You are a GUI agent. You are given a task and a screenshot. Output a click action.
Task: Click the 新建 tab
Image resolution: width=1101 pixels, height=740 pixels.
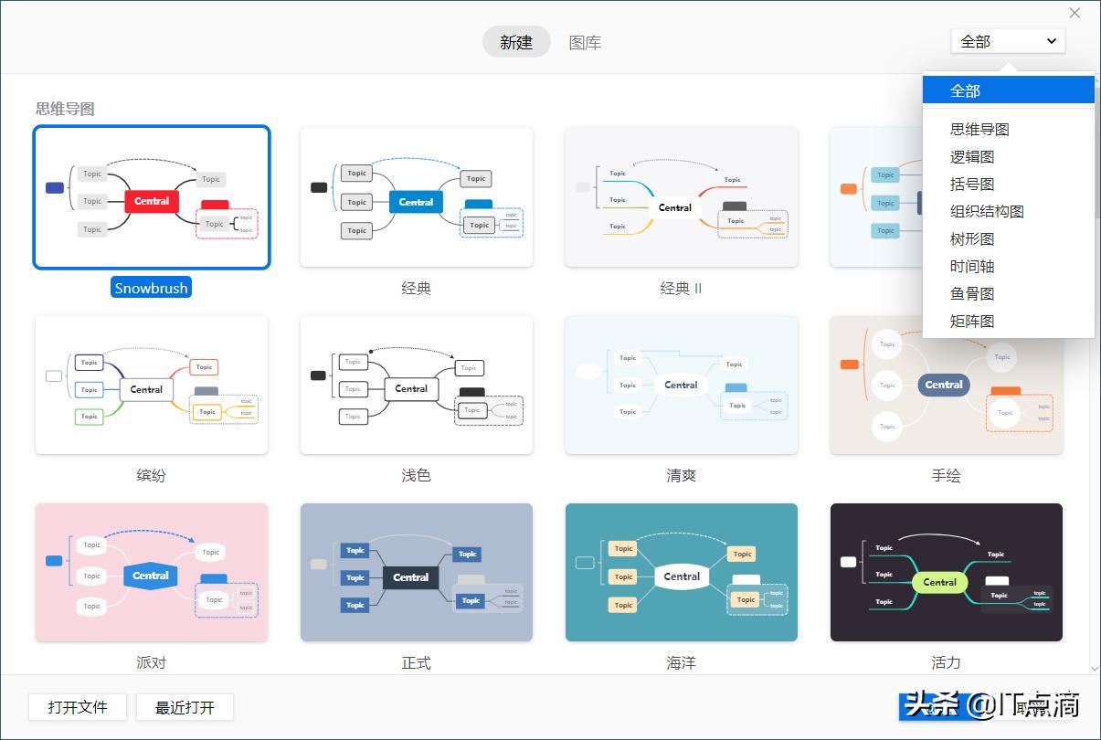516,42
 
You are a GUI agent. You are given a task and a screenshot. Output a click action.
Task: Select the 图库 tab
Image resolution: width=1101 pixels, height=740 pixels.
585,42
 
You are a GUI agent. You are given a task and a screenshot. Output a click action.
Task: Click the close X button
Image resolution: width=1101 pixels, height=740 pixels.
1075,13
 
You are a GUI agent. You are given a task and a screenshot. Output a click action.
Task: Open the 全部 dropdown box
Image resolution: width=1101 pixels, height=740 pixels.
1008,41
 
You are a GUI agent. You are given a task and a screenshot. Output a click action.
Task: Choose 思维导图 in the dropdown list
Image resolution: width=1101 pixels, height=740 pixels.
979,130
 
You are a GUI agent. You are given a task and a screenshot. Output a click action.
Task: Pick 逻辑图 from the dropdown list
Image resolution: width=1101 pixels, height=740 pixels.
972,157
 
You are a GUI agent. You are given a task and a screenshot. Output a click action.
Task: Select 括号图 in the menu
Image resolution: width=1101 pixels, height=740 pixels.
972,185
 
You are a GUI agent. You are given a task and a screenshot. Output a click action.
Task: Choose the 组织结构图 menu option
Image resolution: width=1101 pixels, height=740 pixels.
987,212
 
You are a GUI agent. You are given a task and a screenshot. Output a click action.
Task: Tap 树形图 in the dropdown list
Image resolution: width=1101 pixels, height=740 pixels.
972,239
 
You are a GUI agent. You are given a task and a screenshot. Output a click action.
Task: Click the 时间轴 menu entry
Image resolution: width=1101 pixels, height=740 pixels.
972,267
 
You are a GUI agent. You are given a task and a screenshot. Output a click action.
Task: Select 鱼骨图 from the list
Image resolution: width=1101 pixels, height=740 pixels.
972,294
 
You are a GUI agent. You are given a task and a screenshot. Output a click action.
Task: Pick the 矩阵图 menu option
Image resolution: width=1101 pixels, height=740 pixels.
972,322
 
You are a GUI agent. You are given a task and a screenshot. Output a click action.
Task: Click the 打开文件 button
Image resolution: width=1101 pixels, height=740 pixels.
78,707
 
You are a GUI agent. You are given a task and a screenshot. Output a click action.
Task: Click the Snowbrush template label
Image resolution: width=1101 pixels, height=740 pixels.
152,288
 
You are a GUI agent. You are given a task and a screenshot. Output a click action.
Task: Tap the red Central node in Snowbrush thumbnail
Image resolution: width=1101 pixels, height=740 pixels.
152,201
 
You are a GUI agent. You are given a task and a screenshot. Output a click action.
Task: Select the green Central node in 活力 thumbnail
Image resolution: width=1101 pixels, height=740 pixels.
939,582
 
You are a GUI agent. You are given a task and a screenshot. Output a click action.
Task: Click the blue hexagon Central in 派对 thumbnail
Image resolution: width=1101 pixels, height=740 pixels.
151,576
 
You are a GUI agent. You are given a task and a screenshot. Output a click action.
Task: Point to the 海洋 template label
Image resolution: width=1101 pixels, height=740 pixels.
681,662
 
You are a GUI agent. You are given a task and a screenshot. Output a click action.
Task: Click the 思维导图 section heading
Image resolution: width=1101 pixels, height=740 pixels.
65,109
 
